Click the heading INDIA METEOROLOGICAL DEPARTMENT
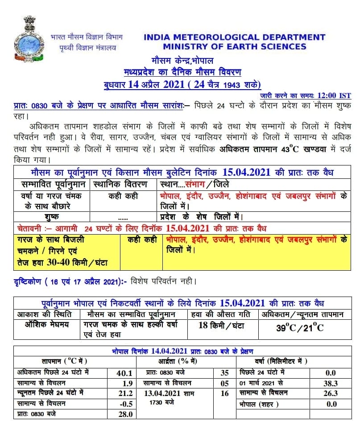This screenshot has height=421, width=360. tap(234, 37)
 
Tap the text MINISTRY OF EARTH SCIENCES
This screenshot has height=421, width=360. tap(234, 46)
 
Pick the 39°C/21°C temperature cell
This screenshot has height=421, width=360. tap(299, 328)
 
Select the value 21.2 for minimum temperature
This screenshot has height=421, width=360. tap(126, 393)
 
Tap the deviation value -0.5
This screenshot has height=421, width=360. tap(126, 404)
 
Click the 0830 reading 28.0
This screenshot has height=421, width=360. tap(126, 414)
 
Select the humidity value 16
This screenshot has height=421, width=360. tap(224, 393)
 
